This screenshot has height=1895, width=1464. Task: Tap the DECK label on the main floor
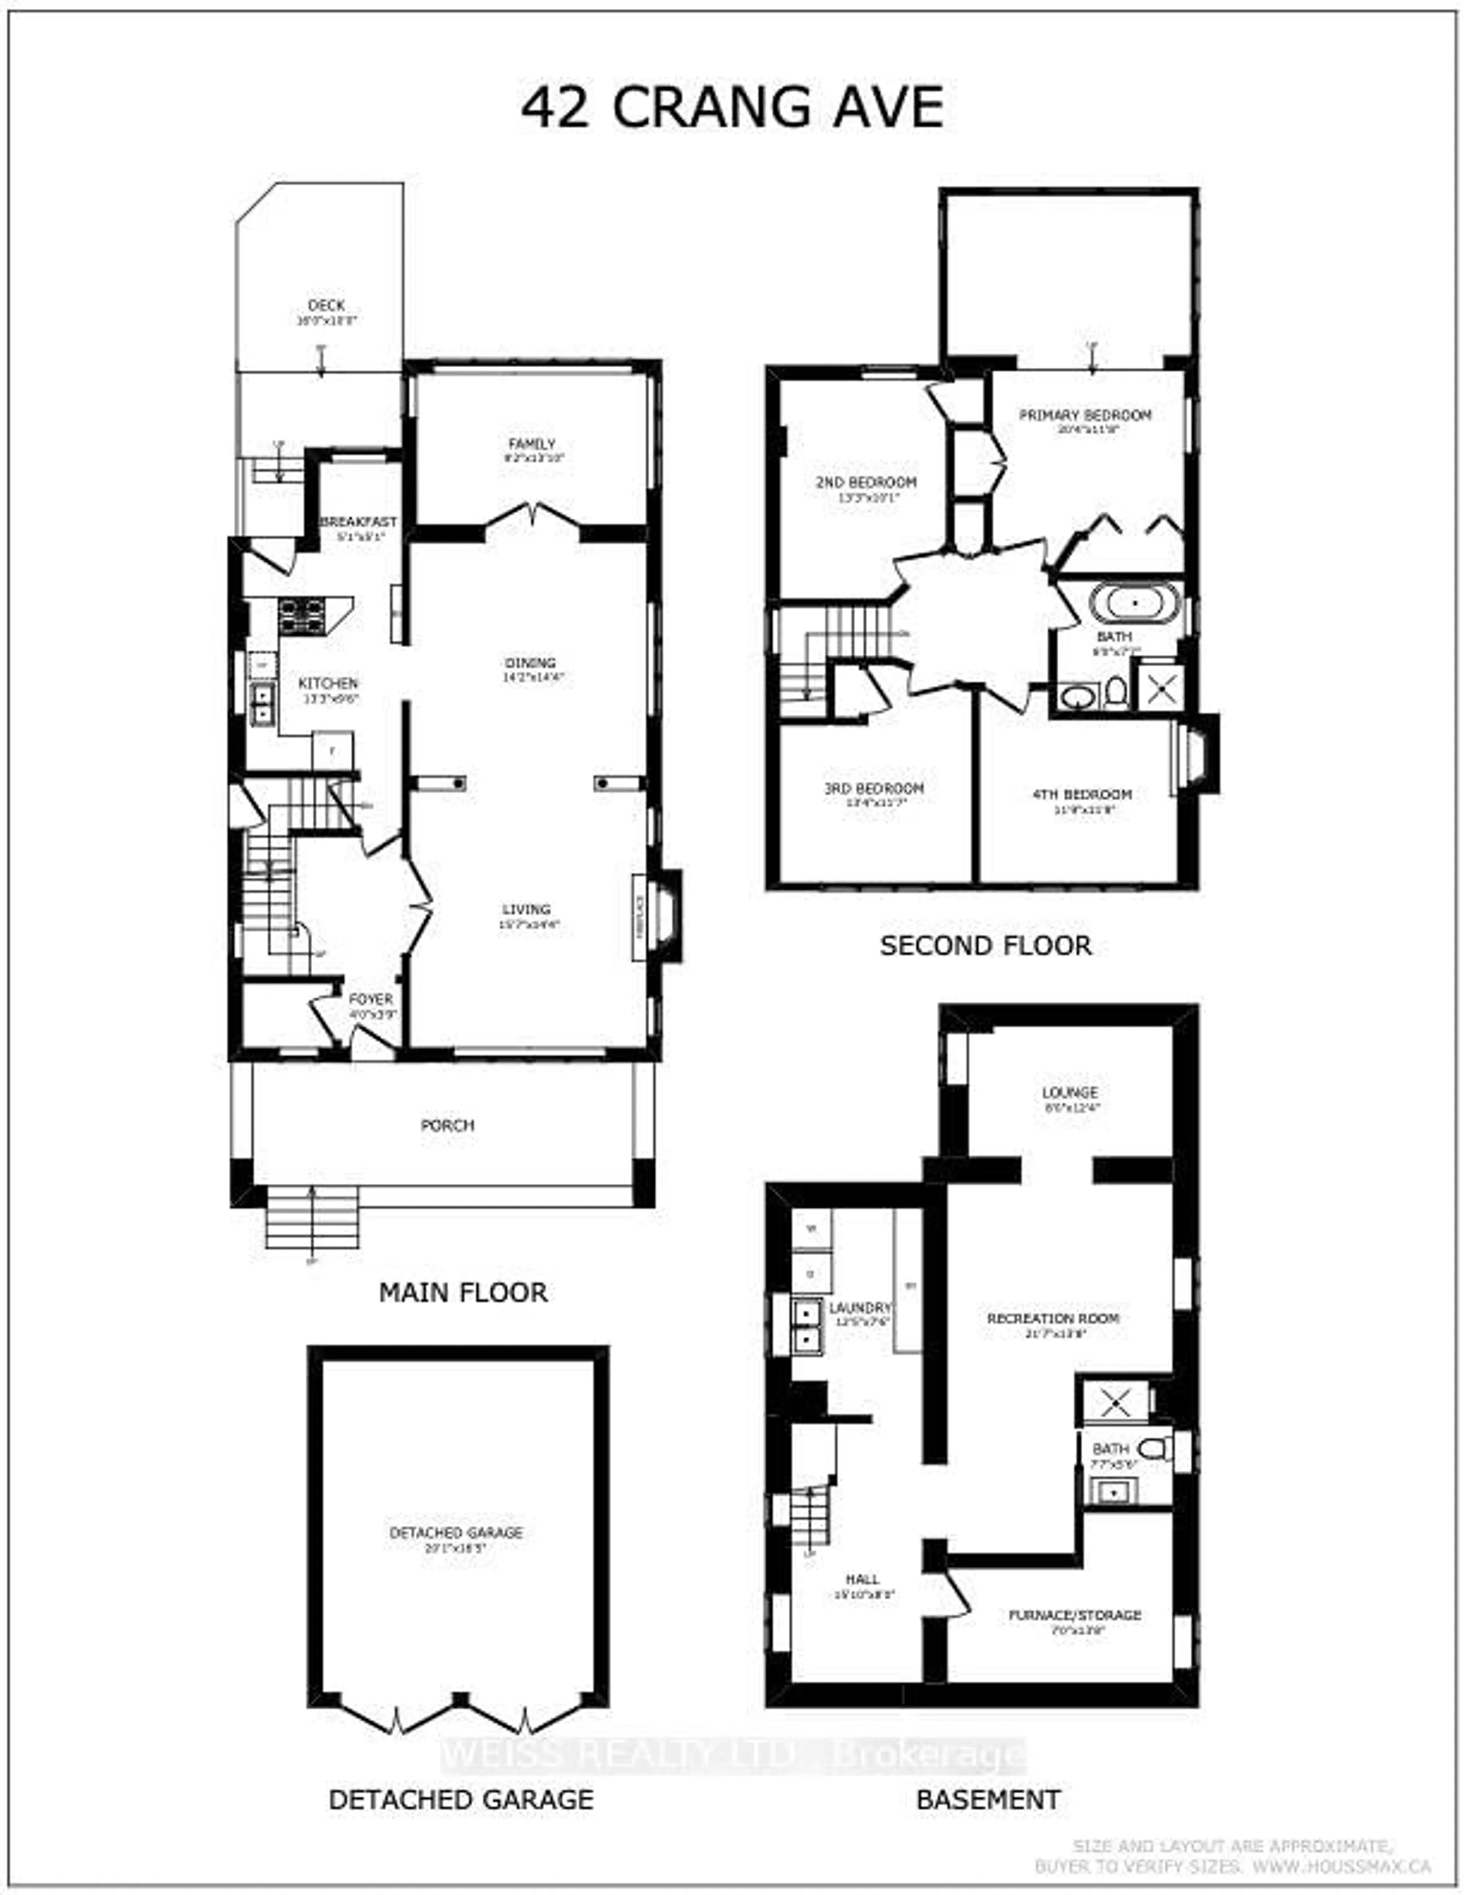[326, 305]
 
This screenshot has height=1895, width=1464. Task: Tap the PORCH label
[448, 1125]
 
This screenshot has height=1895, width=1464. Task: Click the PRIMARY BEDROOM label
[1085, 415]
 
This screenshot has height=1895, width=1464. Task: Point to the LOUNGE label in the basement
[1070, 1092]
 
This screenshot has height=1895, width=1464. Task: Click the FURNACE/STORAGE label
[1075, 1615]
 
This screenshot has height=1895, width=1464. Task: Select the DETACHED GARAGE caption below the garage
[461, 1800]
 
